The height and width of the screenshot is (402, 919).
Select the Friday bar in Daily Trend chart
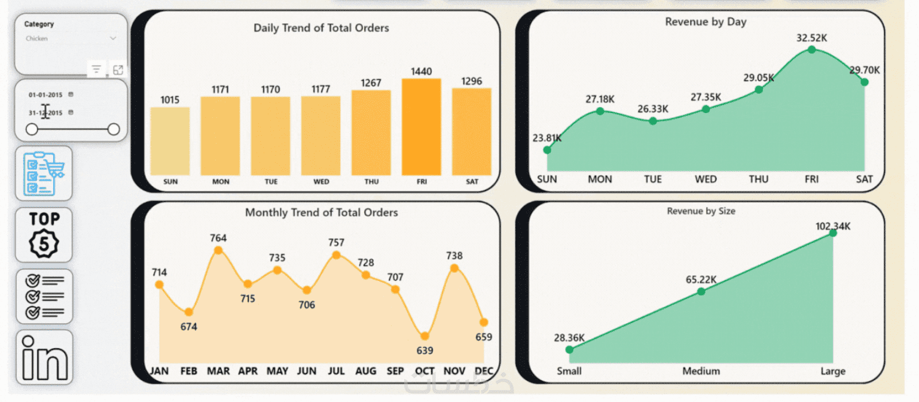coord(421,127)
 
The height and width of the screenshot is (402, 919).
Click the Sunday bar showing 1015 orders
coord(170,141)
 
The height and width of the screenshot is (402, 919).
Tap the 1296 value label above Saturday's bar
coord(472,81)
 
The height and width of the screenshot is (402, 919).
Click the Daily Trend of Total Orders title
coord(321,28)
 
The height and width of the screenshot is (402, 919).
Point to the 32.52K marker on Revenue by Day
coord(811,49)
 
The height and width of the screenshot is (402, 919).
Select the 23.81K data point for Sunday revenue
coord(547,150)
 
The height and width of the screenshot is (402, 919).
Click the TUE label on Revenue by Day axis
coord(652,179)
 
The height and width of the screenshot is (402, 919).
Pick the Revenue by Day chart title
coord(706,22)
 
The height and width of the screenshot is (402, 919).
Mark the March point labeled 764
coord(218,250)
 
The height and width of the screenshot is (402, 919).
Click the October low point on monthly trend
coord(425,336)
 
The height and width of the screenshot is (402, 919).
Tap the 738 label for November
coord(454,256)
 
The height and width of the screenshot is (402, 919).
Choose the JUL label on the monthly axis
coord(336,371)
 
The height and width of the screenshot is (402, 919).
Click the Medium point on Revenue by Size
coord(701,291)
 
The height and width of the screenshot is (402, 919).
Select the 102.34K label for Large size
coord(832,226)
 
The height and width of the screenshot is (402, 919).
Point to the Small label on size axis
coord(569,371)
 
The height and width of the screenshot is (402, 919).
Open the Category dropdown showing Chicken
coord(71,38)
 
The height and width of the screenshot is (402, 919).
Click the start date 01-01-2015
coord(45,95)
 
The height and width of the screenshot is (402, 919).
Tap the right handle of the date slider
coord(114,129)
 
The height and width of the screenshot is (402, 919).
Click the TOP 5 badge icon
coord(44,234)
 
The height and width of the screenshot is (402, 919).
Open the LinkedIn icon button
coord(44,357)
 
